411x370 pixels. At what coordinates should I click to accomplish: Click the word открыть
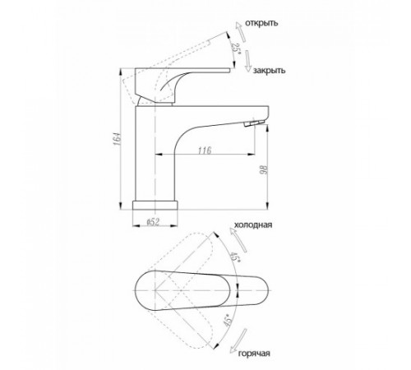coord(261,23)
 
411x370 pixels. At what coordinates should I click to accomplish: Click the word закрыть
coord(269,71)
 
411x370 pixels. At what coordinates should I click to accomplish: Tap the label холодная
coord(253,224)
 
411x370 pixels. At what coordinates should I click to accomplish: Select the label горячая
coord(254,353)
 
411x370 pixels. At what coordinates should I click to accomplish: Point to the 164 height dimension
coord(117,139)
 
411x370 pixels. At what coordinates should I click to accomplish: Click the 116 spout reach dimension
coord(205,150)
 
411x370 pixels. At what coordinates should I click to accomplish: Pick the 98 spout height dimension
coord(264,170)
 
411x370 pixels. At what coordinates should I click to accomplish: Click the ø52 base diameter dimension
coord(153,222)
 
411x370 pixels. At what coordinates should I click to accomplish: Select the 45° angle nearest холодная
coord(234,257)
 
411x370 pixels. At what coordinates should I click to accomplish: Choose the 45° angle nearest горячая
coord(228,320)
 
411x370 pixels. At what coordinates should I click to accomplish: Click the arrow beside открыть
coord(241,31)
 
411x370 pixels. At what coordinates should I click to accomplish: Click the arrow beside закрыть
coord(248,61)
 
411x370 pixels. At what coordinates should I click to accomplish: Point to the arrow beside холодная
coord(238,240)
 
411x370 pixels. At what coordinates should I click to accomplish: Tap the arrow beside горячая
coord(238,340)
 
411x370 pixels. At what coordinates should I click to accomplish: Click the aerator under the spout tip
coord(254,123)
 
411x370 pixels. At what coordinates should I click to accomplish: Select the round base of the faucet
coord(155,205)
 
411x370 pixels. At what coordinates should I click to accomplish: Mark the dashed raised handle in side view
coord(175,63)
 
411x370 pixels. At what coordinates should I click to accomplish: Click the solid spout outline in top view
coord(202,290)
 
